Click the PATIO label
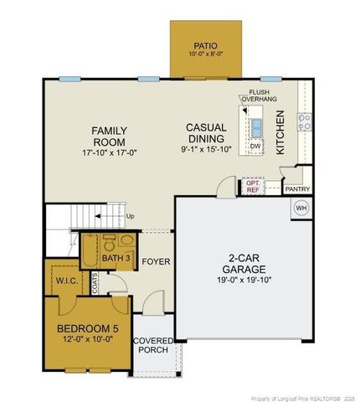pos(205,45)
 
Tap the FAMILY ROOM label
pos(110,137)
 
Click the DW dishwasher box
pos(256,147)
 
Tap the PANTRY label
pos(297,189)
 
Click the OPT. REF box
pos(251,186)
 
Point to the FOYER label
pos(156,262)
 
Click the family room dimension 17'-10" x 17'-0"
pos(110,153)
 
